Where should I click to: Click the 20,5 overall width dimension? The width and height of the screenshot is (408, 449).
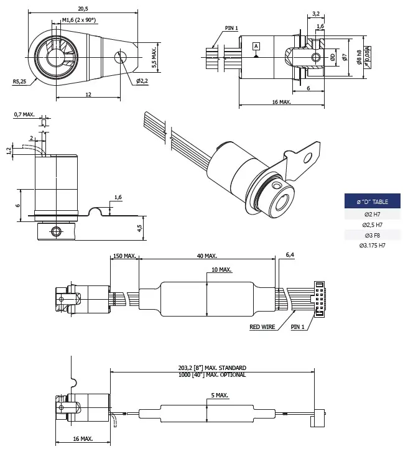[83, 9]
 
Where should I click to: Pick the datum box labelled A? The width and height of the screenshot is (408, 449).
[256, 46]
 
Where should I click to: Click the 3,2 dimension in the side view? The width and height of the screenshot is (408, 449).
[315, 12]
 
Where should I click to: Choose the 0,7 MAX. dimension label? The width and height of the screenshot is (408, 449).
[25, 115]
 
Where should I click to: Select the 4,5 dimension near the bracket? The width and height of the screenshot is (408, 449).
[139, 228]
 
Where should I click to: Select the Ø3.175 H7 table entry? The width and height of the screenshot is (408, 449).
[372, 246]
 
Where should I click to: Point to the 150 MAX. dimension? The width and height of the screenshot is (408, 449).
[124, 256]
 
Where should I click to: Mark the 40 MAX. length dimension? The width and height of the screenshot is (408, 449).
[206, 256]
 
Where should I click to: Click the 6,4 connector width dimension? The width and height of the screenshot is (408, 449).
[290, 255]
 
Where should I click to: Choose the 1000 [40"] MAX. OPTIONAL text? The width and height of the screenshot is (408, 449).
[211, 375]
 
